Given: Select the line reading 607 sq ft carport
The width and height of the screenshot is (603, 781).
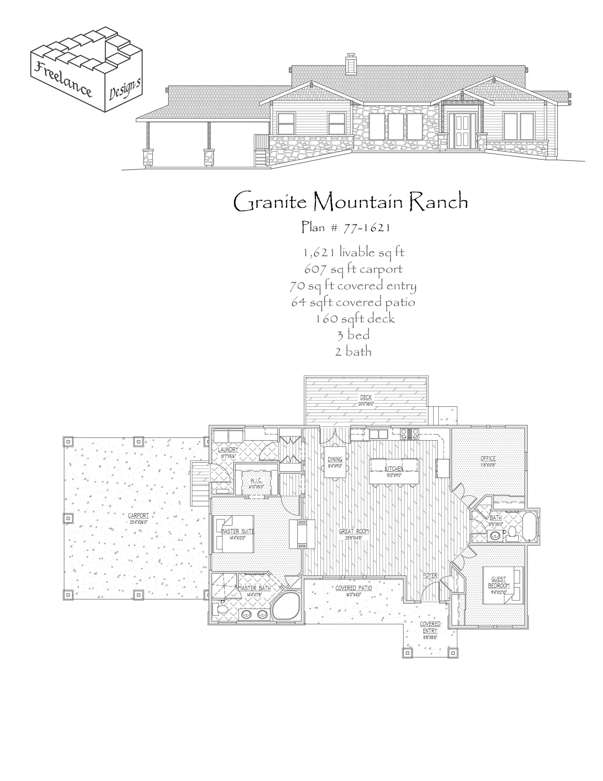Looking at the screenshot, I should (x=353, y=269).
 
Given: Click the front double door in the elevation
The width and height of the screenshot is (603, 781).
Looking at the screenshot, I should (x=463, y=131).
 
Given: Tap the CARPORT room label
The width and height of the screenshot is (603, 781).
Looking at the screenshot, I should (x=138, y=515).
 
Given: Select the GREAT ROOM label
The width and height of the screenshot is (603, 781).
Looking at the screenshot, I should (x=354, y=531).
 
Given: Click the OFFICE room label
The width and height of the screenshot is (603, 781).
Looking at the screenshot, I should (x=488, y=458).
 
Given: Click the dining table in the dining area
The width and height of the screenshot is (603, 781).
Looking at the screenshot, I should (x=335, y=462).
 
